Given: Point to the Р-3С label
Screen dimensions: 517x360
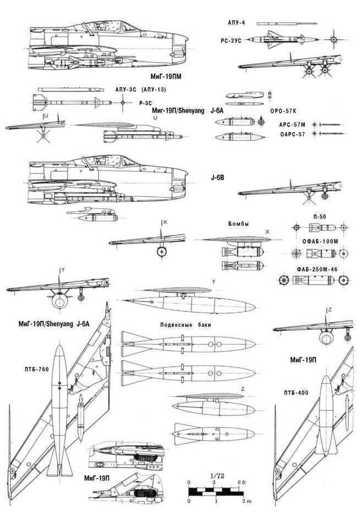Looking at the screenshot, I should pyautogui.click(x=145, y=103).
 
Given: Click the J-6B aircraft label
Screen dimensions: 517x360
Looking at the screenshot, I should pyautogui.click(x=219, y=177).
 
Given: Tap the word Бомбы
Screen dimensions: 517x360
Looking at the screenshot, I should pyautogui.click(x=238, y=224).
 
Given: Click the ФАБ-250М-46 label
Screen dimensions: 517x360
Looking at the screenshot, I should pyautogui.click(x=314, y=270).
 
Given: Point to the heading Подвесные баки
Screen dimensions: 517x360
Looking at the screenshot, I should pyautogui.click(x=184, y=324).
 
